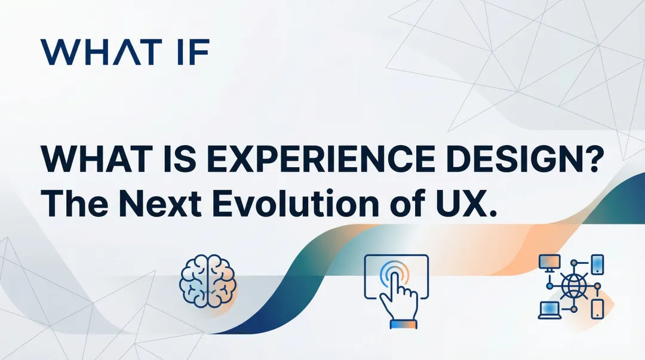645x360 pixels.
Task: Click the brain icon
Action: pos(207,281)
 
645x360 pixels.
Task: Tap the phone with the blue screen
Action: pos(598,263)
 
